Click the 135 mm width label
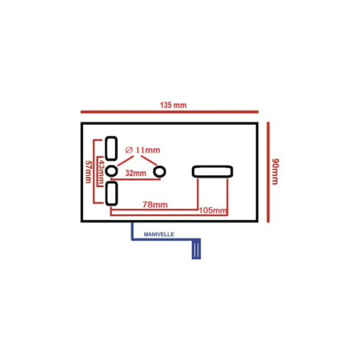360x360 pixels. [173, 105]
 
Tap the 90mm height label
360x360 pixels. [275, 171]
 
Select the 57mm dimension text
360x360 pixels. [88, 171]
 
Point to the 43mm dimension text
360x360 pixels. [101, 172]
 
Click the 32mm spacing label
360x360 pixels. [136, 173]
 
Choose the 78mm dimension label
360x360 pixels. [155, 205]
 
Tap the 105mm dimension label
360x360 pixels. [213, 210]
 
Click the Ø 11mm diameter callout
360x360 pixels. [142, 150]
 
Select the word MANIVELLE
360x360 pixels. [159, 234]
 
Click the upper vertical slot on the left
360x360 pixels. [111, 148]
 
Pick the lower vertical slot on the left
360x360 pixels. [111, 194]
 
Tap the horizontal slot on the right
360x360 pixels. [213, 171]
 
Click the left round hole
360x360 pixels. [111, 171]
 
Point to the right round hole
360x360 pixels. [159, 171]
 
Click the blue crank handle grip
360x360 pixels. [196, 249]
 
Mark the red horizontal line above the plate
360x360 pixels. [170, 112]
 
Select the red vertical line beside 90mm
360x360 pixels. [268, 172]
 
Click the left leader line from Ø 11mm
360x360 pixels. [126, 161]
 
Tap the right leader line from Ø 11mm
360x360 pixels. [149, 161]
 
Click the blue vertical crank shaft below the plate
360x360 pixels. [132, 231]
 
